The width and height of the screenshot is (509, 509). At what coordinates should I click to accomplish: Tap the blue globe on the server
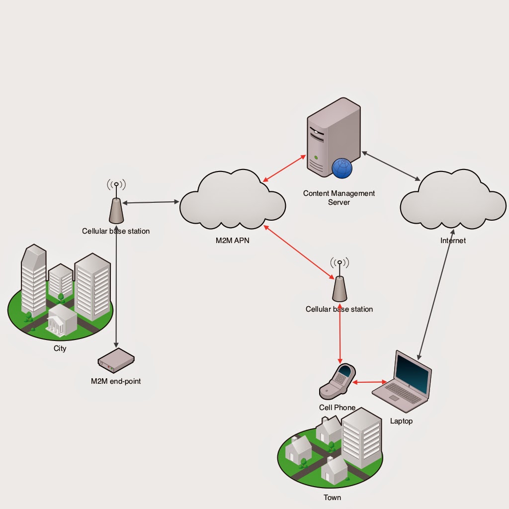[342, 168]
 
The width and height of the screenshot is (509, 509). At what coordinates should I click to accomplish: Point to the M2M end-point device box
[116, 360]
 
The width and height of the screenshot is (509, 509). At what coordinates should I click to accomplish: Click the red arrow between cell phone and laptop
[370, 382]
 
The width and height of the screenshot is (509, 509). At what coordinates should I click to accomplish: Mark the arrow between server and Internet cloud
[391, 166]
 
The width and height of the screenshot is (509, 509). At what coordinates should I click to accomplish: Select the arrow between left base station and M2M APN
[151, 202]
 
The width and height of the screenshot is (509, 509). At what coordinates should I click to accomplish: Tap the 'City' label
[60, 348]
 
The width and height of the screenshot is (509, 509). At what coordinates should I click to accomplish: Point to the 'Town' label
[332, 497]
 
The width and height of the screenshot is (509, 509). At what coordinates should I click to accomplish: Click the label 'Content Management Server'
[339, 198]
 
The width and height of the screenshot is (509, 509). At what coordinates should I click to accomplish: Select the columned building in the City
[62, 319]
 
